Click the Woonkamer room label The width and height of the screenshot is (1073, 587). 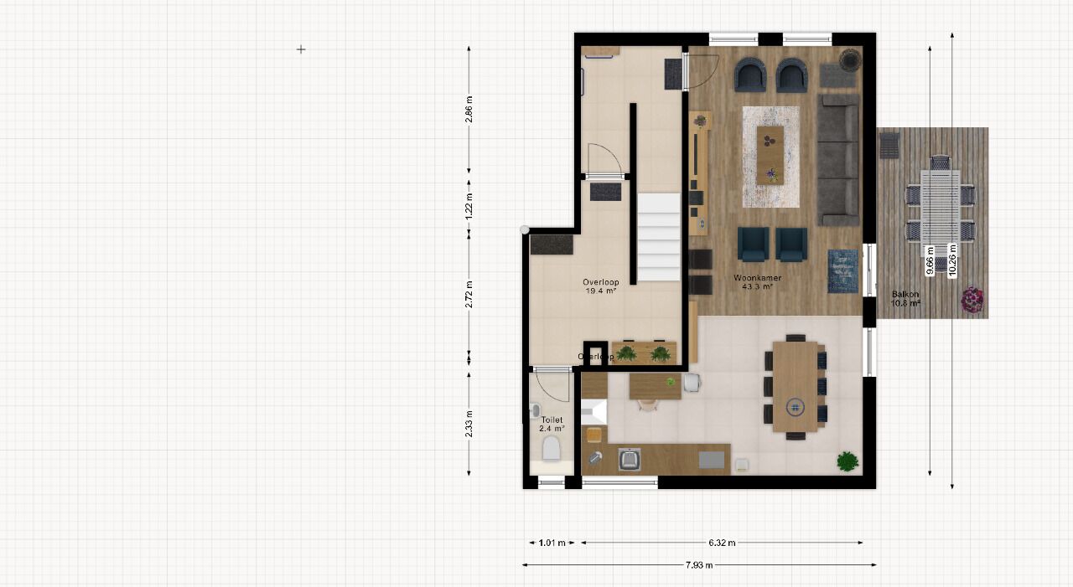coord(757,277)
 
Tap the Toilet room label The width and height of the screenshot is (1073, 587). coord(552,420)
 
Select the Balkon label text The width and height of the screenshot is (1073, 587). coord(905,294)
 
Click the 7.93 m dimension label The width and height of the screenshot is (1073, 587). coord(699,565)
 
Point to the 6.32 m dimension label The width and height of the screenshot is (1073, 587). coord(722,543)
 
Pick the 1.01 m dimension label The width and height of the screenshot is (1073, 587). coord(552,543)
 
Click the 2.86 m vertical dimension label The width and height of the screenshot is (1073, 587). coord(469,110)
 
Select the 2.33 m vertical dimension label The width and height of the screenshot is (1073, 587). coord(469,424)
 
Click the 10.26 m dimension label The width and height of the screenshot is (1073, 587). coord(952,260)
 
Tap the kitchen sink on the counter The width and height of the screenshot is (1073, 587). coord(629,459)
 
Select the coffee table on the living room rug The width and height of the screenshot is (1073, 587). coord(770,156)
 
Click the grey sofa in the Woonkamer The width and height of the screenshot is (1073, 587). coord(838,160)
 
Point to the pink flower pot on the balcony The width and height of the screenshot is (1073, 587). coord(972,300)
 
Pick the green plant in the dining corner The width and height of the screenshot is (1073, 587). coord(848,461)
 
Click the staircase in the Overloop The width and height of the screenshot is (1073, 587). coord(659,237)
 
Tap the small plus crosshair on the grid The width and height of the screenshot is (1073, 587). coord(301,49)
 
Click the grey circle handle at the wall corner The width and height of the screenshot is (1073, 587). coord(525,230)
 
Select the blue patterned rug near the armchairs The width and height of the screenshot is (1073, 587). coord(843,270)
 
